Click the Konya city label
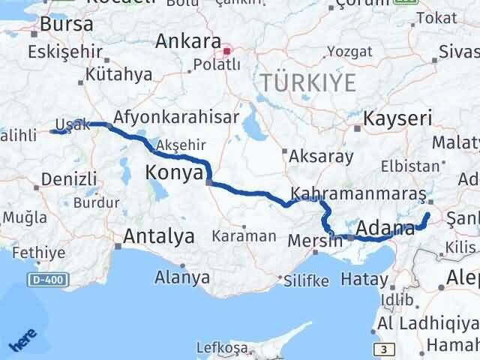pyautogui.click(x=174, y=173)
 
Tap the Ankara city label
pyautogui.click(x=187, y=41)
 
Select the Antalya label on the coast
pyautogui.click(x=158, y=236)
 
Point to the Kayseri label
pyautogui.click(x=397, y=118)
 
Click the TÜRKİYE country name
pyautogui.click(x=307, y=82)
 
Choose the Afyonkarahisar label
pyautogui.click(x=176, y=117)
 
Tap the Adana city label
pyautogui.click(x=386, y=227)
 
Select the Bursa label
pyautogui.click(x=67, y=24)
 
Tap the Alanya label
pyautogui.click(x=181, y=277)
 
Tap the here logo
pyautogui.click(x=22, y=341)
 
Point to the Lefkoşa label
pyautogui.click(x=221, y=347)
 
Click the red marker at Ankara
pyautogui.click(x=227, y=52)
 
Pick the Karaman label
pyautogui.click(x=244, y=235)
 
